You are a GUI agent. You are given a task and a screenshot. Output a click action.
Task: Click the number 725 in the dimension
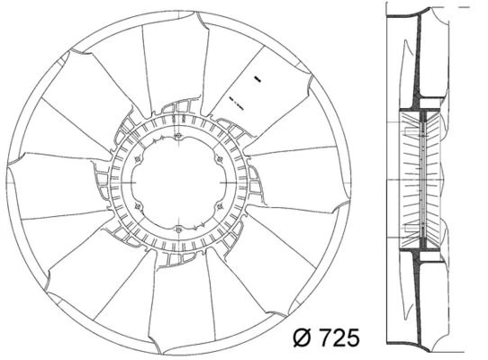[x=339, y=337]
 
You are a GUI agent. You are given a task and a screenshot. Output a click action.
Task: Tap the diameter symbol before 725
[x=302, y=337]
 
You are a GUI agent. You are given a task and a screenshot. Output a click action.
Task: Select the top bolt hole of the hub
[x=178, y=136]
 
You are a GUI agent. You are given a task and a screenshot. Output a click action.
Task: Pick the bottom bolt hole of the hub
[x=178, y=229]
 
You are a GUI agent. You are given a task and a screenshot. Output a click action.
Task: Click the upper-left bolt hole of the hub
[x=138, y=159]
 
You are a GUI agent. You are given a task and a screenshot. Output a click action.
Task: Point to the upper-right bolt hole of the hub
[x=220, y=159]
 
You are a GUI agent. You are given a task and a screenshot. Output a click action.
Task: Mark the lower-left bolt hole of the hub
[x=138, y=206]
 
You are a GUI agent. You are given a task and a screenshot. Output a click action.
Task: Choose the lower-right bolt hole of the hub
[x=220, y=206]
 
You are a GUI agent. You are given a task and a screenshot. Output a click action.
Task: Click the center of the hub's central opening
[x=178, y=183]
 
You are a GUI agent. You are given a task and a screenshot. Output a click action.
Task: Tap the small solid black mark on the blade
[x=258, y=79]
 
